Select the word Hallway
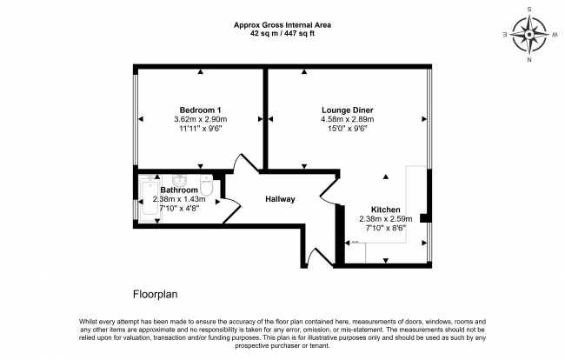[x=280, y=199]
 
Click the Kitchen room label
[x=386, y=210]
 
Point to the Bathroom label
[x=178, y=190]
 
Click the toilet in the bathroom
[x=207, y=186]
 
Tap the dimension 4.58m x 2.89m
[x=347, y=119]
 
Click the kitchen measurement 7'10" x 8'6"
[x=386, y=229]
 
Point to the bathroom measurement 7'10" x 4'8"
[x=178, y=208]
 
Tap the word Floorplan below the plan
[x=155, y=295]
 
